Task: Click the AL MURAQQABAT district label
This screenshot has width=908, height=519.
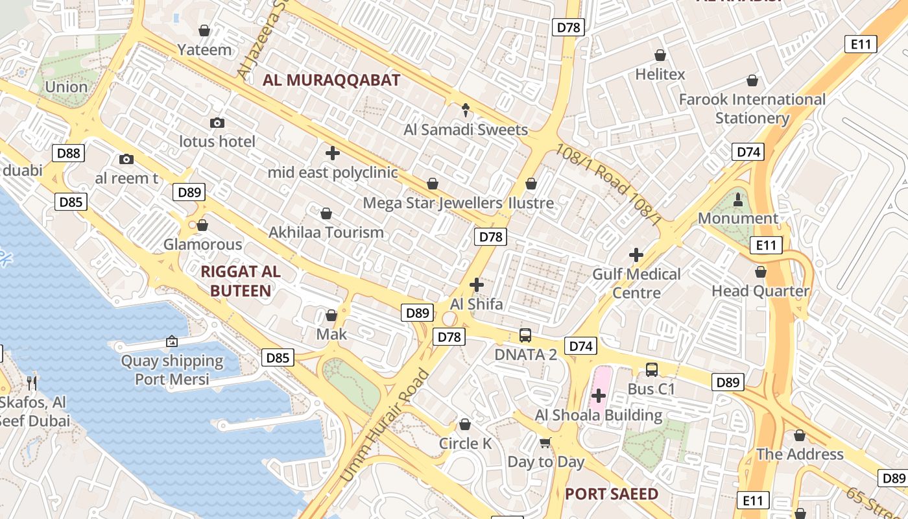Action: click(331, 80)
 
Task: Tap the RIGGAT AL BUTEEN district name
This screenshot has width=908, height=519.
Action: click(241, 281)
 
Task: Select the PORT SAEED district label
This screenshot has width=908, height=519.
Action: click(611, 494)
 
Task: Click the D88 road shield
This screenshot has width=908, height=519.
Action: click(68, 153)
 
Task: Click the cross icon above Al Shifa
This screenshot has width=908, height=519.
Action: click(477, 285)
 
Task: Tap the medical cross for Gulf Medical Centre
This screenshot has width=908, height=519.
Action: click(636, 255)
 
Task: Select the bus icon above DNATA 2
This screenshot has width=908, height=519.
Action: click(525, 335)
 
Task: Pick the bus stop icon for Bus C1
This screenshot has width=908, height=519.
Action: click(652, 370)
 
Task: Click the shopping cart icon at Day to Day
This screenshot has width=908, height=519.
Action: click(545, 443)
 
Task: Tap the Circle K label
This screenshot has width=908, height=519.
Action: click(465, 444)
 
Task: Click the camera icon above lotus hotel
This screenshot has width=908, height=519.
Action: click(217, 123)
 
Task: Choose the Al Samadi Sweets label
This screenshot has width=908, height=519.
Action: click(466, 130)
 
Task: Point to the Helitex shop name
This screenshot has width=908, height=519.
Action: click(660, 75)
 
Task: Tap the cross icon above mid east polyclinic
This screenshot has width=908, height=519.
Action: click(332, 153)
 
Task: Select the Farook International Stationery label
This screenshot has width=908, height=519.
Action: click(752, 109)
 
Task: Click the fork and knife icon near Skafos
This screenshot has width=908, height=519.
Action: click(30, 383)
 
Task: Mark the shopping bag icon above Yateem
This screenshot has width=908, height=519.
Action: click(204, 30)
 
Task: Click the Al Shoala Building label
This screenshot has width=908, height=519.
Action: click(598, 415)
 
